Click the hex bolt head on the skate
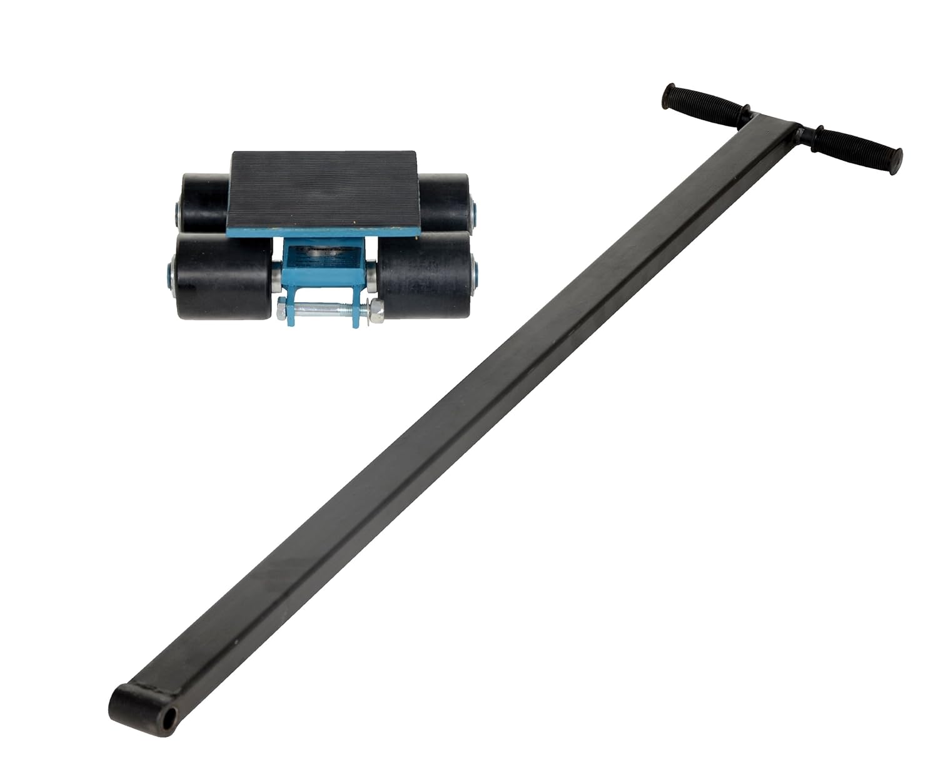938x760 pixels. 283,308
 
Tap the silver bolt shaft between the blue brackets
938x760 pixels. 325,308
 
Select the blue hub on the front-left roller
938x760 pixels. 169,271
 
